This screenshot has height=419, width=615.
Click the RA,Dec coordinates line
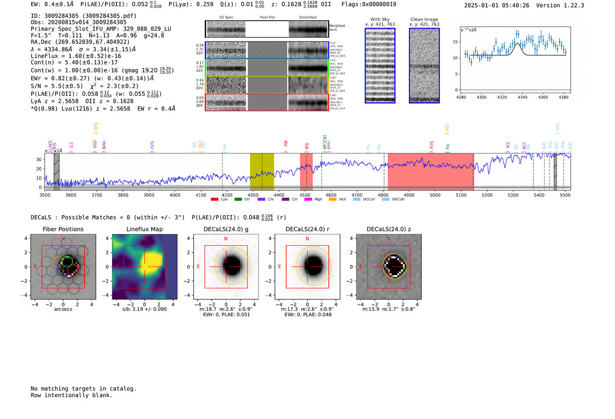coord(80,42)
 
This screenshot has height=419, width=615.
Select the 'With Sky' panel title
coord(380,19)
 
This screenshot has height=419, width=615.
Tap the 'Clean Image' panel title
coord(424,19)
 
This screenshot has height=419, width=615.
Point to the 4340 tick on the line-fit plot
coord(522,97)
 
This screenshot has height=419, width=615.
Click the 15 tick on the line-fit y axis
coord(455,42)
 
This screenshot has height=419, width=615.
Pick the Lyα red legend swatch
coord(214,200)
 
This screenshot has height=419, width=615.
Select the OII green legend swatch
coord(238,200)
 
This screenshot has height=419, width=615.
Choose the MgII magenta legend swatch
coord(308,200)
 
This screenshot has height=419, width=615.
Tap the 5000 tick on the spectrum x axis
coord(435,195)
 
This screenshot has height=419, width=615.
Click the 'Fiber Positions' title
coord(63,229)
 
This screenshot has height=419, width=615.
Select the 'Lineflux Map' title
coord(145,229)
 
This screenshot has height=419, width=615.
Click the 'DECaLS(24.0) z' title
coord(389,229)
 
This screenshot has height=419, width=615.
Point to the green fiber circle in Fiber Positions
coord(67,261)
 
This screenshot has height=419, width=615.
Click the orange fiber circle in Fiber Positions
coord(57,262)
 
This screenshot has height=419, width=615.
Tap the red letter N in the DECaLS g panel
coord(226,239)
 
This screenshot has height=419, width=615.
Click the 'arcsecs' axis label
coord(63,309)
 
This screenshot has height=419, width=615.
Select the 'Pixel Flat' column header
coord(267,18)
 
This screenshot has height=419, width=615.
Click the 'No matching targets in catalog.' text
coord(83,389)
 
